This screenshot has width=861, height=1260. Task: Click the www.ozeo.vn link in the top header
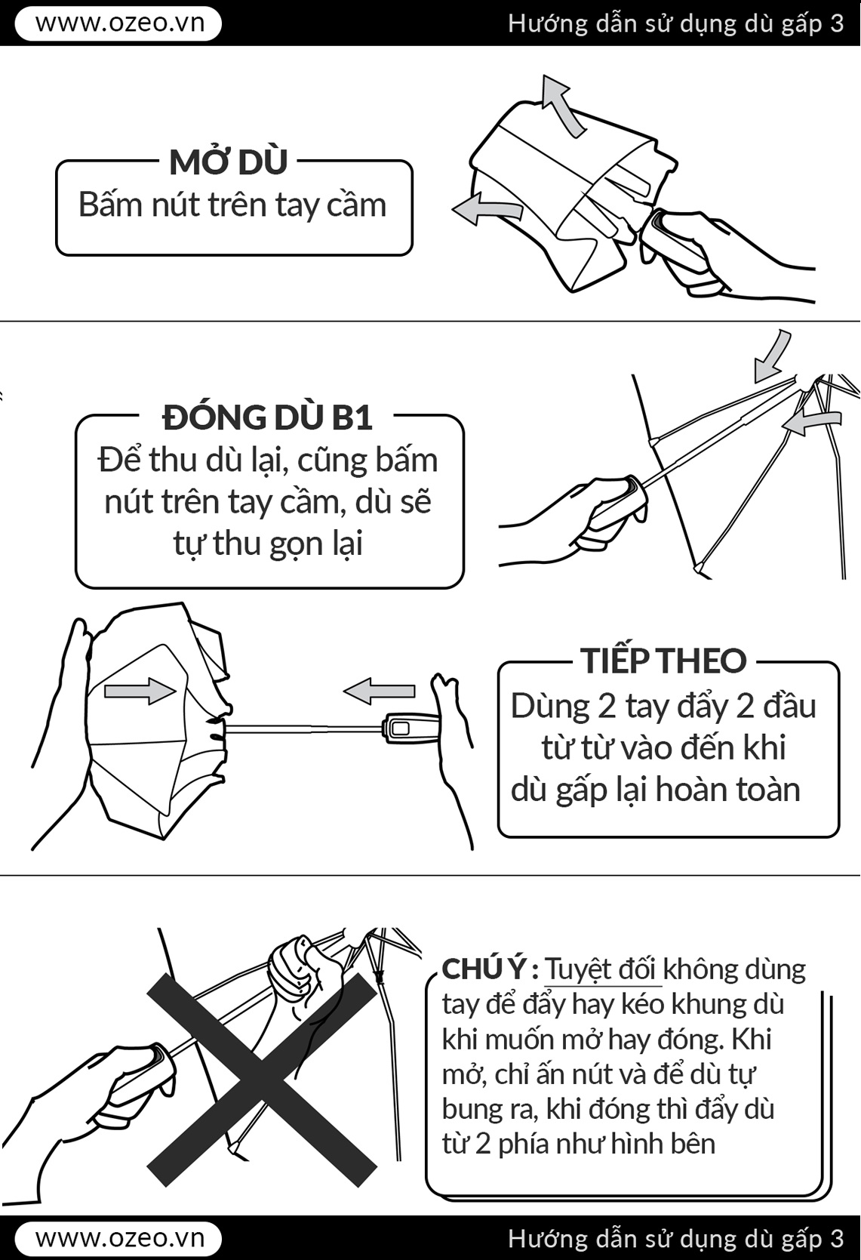118,23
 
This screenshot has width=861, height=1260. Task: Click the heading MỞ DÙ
229,162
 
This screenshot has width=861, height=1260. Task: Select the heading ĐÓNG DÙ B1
267,417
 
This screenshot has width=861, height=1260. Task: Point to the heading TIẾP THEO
663,661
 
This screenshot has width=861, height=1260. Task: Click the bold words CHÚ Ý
485,969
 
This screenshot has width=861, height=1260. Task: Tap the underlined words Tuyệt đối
601,969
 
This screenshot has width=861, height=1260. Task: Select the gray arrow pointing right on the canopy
140,690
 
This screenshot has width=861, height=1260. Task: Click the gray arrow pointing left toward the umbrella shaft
379,691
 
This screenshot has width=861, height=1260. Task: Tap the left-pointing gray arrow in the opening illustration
486,208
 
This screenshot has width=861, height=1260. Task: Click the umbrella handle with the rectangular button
411,729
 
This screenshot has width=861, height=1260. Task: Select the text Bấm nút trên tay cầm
232,205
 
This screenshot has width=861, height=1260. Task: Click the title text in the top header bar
675,23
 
